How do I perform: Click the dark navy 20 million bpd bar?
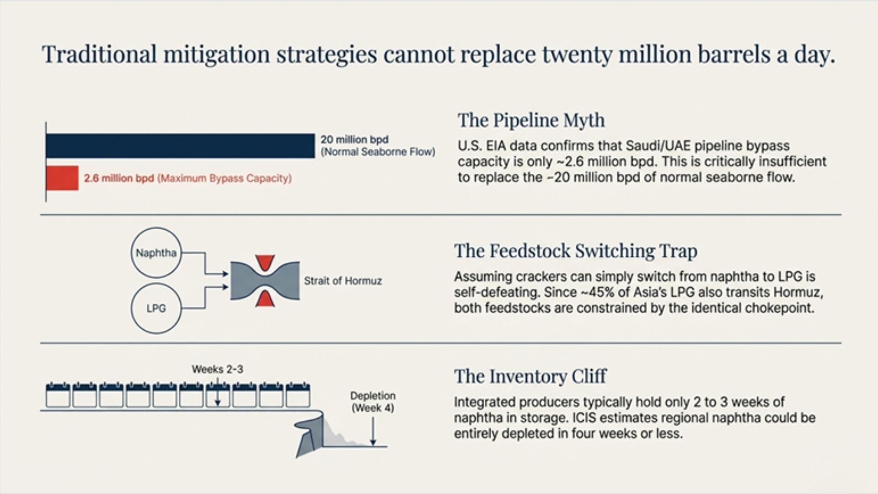coord(180,146)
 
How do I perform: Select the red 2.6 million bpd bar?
coord(62,178)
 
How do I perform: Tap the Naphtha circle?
coord(156,253)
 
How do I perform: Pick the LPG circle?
coord(156,308)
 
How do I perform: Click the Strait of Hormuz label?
coord(343,281)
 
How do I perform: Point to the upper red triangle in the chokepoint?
coord(265,263)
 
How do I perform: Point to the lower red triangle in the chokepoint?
coord(265,298)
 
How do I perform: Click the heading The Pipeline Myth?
coord(531,120)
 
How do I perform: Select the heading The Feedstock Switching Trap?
coord(576,251)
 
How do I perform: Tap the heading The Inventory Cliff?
coord(530,376)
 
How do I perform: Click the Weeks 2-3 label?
coord(217,369)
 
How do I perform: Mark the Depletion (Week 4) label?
coord(373,402)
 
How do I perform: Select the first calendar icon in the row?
coord(58,395)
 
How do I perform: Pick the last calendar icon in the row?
coord(298,395)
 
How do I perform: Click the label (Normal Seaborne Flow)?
coord(378,152)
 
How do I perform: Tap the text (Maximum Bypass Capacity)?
coord(225,178)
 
